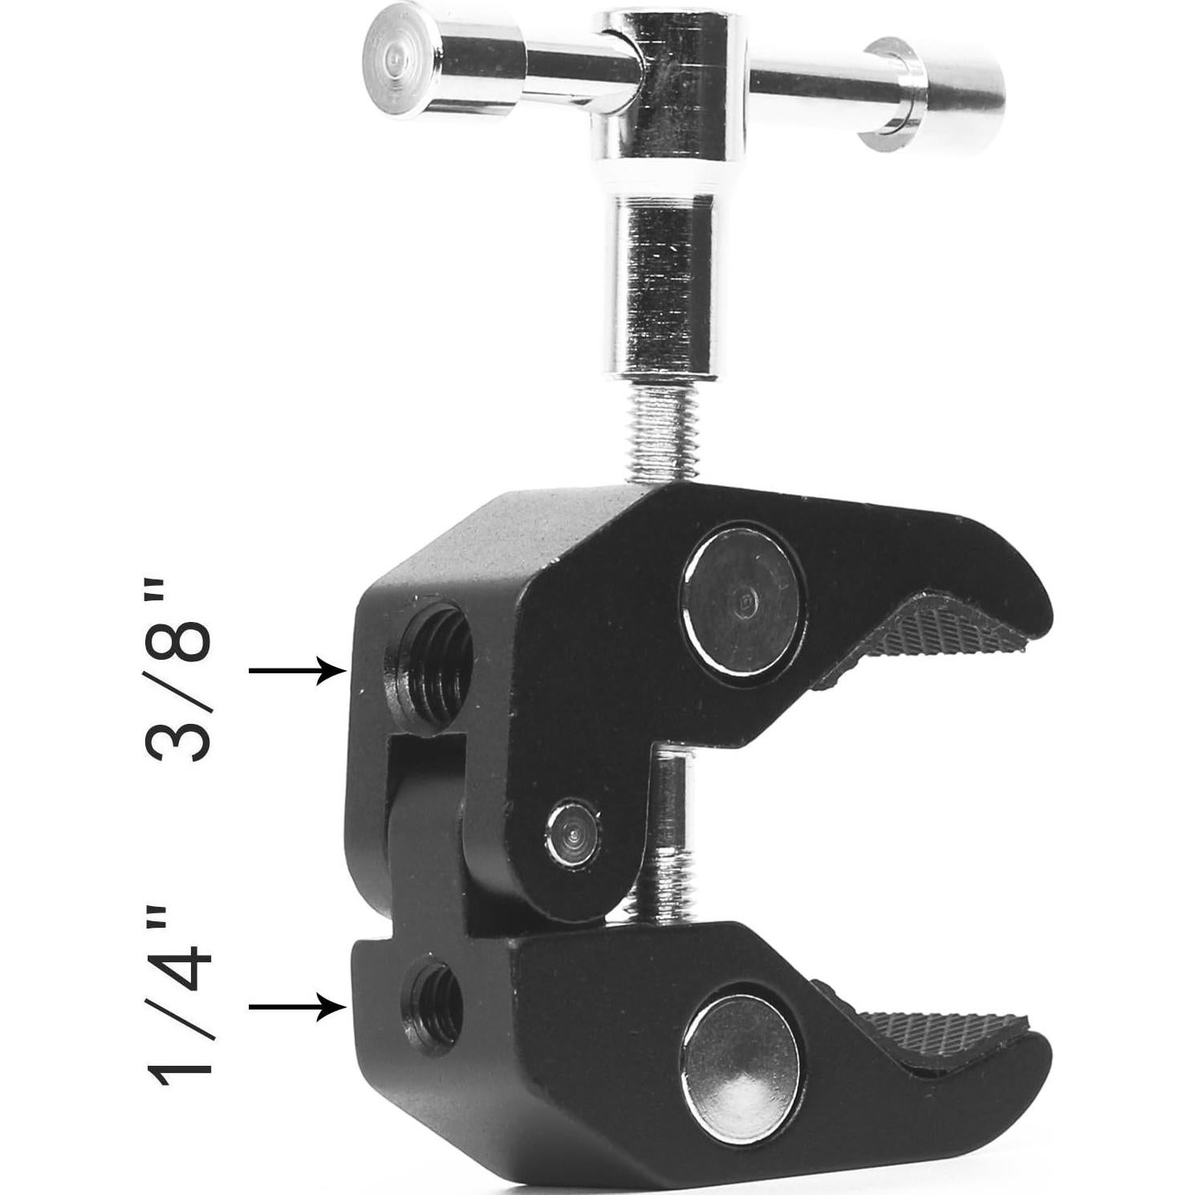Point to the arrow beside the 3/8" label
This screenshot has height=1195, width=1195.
pyautogui.click(x=297, y=669)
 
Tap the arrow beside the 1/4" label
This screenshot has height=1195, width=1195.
pyautogui.click(x=297, y=1006)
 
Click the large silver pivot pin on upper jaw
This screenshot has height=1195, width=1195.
pyautogui.click(x=740, y=600)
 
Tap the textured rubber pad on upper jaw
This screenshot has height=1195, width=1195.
pyautogui.click(x=939, y=642)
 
